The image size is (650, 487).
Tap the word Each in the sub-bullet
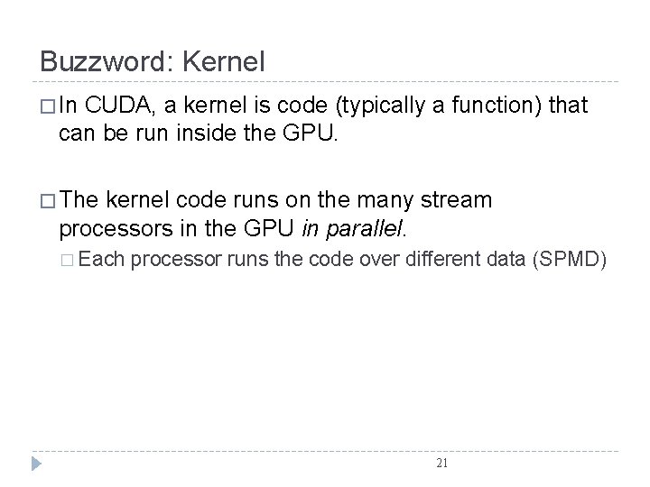[106, 262]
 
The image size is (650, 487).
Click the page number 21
[441, 463]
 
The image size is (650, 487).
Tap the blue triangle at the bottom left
[35, 464]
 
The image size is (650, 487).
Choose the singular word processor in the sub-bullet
[178, 262]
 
